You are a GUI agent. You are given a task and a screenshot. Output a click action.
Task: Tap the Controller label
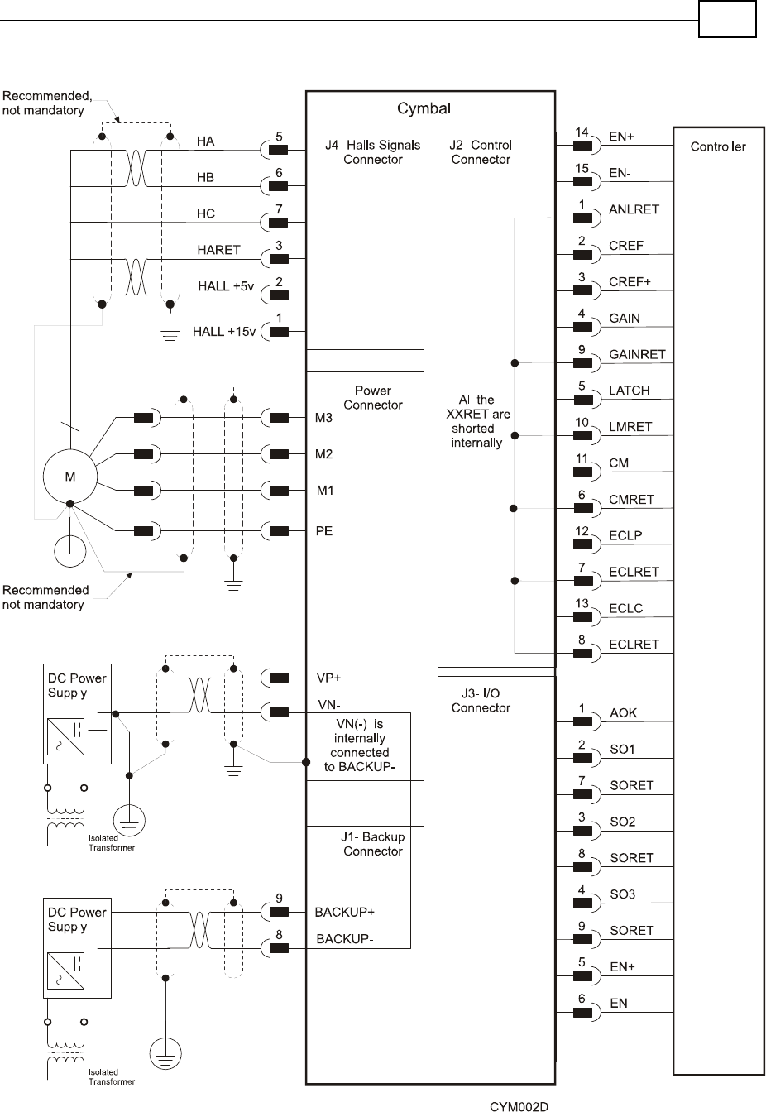(717, 146)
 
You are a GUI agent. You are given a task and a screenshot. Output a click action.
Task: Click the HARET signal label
(218, 249)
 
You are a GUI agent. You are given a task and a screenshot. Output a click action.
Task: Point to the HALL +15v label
(224, 332)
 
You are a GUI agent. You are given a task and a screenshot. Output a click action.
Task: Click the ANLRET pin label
(634, 209)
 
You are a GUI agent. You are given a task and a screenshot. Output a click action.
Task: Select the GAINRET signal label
(637, 354)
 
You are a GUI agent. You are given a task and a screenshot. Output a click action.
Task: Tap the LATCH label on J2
(629, 391)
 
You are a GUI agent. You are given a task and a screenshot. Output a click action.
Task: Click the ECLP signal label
(625, 535)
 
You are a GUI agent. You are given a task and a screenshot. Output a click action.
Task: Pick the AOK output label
(623, 713)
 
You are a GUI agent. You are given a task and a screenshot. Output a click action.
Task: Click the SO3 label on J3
(622, 894)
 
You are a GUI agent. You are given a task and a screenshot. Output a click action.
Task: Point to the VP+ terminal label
(329, 678)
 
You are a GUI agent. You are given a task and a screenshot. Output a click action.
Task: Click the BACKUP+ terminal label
(345, 912)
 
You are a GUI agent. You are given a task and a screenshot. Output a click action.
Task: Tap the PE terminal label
(324, 530)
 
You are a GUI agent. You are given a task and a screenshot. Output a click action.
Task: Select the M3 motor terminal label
(324, 418)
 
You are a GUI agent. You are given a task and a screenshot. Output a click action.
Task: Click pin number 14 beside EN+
(582, 132)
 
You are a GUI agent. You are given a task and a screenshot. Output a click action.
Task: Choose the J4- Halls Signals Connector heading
(372, 152)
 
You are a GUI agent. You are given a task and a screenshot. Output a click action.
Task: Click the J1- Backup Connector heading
(372, 844)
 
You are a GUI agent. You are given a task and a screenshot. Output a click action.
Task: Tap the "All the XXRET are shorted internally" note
(476, 421)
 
